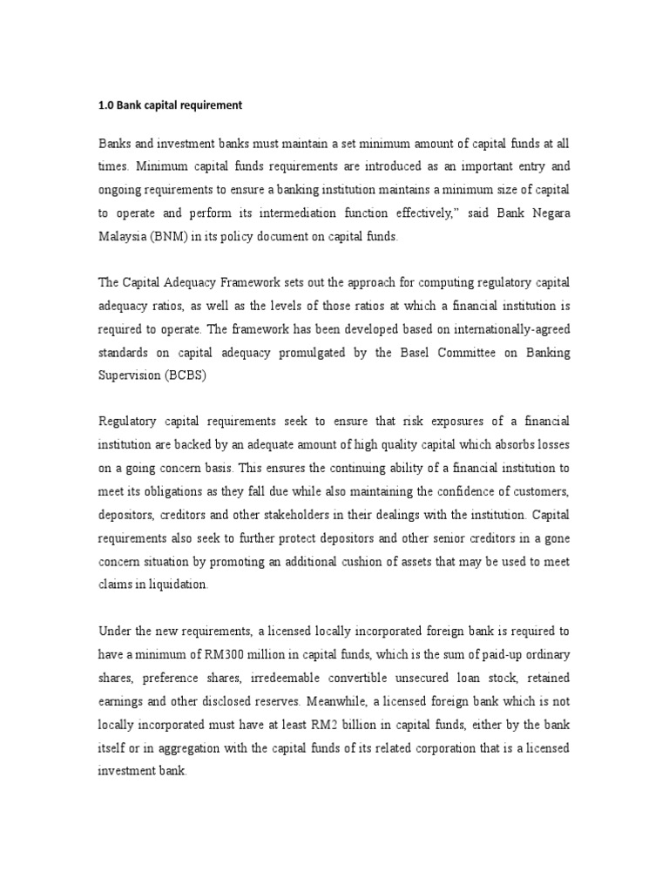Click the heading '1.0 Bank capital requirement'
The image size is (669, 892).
(x=170, y=105)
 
